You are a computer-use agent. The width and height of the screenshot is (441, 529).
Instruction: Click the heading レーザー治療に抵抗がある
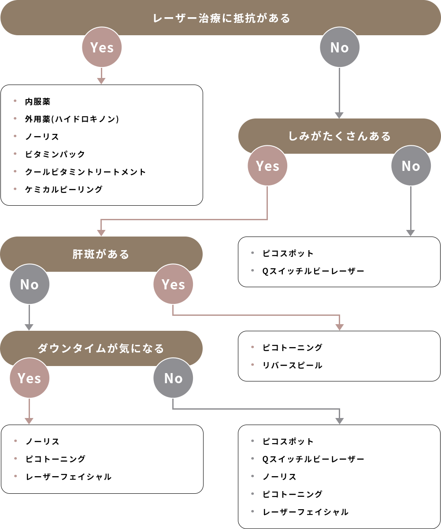coord(222,18)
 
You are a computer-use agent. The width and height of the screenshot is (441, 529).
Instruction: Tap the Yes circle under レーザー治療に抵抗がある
coord(102,47)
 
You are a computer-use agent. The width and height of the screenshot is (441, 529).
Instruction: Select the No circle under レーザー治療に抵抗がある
coord(339,47)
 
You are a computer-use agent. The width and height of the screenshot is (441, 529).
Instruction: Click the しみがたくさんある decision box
coord(339,136)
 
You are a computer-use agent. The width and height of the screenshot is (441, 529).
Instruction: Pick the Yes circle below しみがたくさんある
coord(267,166)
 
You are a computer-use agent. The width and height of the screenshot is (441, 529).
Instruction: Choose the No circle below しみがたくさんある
coord(411,166)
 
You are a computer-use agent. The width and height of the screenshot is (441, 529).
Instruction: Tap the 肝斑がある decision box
coord(101,254)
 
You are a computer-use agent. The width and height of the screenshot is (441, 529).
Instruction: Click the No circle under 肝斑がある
coord(30,284)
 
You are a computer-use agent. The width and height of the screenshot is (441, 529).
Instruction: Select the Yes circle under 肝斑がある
coord(173,284)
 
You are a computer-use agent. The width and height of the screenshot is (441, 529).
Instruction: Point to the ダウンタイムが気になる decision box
coord(101,348)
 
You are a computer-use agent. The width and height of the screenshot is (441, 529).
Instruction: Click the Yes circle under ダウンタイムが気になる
coord(30,378)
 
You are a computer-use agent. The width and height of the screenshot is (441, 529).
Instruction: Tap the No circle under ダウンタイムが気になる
coord(173,378)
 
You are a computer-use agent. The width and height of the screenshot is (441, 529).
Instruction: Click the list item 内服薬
coord(37,102)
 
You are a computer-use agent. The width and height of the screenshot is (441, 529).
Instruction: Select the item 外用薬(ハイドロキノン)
coord(72,119)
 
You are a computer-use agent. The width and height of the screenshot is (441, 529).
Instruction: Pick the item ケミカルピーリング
coord(63,189)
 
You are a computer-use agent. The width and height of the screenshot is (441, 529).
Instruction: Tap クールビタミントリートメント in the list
coord(85,172)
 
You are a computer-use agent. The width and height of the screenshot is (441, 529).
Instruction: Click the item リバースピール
coord(292,365)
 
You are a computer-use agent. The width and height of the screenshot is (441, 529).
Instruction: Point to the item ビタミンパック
coord(55,154)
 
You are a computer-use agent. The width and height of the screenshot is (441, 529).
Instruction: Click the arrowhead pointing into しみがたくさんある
coord(339,115)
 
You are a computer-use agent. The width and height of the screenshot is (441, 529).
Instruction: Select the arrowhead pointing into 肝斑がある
coord(101,233)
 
